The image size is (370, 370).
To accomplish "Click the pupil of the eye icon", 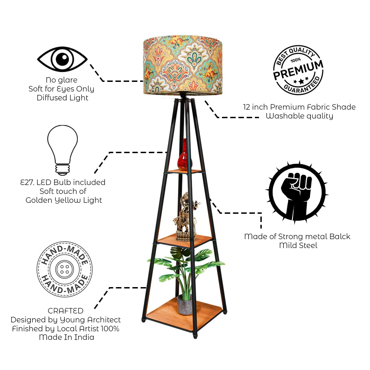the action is click(63, 59).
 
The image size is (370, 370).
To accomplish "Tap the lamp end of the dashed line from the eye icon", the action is click(143, 81).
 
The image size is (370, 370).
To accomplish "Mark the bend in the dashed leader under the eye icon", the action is click(103, 81).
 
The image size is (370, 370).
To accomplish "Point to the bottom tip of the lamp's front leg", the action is click(195, 337).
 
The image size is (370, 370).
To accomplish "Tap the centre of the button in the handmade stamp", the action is click(65, 269).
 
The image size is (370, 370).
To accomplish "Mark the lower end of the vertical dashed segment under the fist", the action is click(261, 228).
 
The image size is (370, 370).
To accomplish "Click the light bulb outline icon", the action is click(63, 150).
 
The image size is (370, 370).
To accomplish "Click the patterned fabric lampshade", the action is click(183, 65).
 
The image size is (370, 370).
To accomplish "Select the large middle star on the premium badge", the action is click(301, 82).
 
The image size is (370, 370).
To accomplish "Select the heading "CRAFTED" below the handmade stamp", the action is click(65, 311).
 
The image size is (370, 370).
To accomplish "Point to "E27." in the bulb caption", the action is click(27, 182).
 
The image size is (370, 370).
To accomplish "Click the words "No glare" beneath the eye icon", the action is click(62, 80).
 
